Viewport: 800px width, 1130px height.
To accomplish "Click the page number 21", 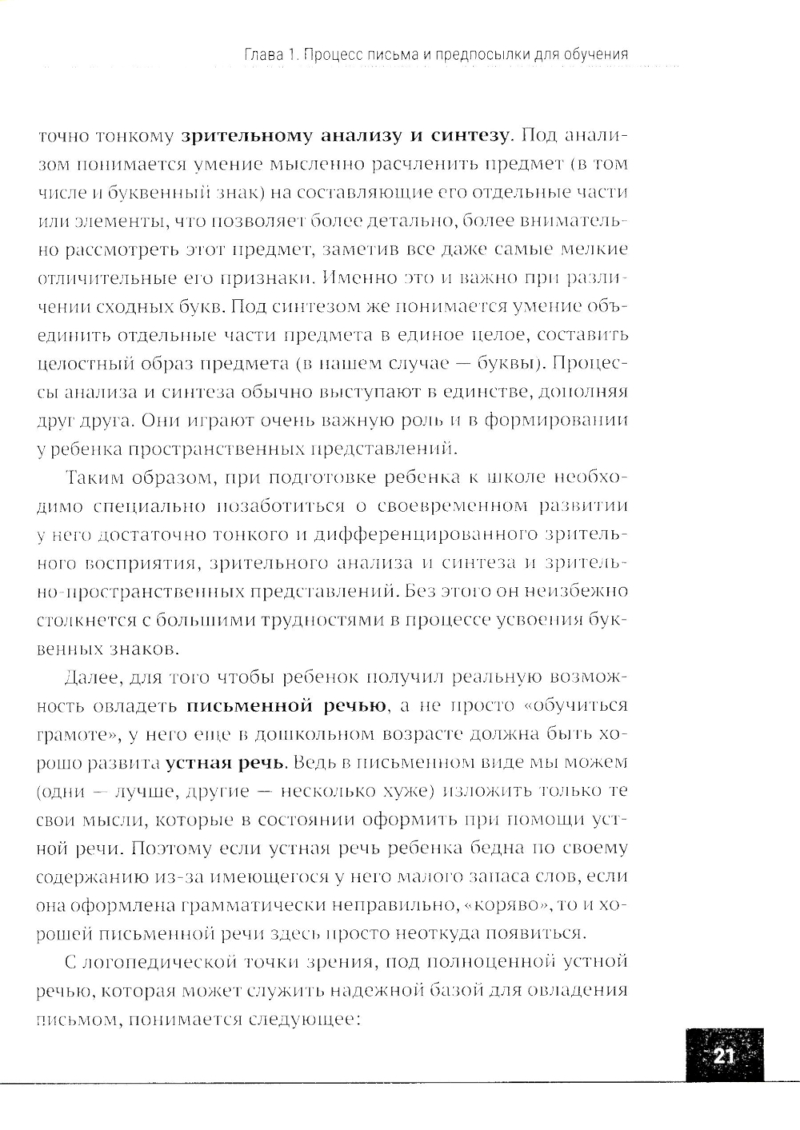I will [x=724, y=1056].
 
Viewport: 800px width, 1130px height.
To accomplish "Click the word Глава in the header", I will [x=263, y=54].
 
